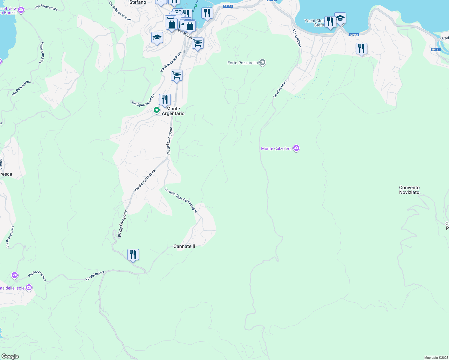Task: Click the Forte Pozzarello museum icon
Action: coord(262,62)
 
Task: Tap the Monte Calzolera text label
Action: coord(276,148)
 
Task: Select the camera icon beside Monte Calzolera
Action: coord(296,148)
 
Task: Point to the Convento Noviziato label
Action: coord(409,190)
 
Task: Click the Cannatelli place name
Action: coord(184,246)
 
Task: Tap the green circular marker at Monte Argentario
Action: coord(156,110)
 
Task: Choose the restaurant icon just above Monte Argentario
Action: coord(165,99)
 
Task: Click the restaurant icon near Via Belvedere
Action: coord(133,255)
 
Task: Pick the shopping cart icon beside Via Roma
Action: coord(198,43)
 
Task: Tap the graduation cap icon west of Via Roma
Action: coord(157,37)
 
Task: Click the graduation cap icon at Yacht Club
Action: coord(340,18)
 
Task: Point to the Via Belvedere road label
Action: coord(95,276)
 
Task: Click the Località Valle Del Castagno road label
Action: coord(181,200)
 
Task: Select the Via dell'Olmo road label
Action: coord(297,38)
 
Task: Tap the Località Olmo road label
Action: coord(280,89)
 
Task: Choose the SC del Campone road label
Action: coord(122,224)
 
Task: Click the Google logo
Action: coord(10,356)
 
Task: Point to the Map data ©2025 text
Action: coord(436,358)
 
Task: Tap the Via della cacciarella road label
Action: coord(120,12)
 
